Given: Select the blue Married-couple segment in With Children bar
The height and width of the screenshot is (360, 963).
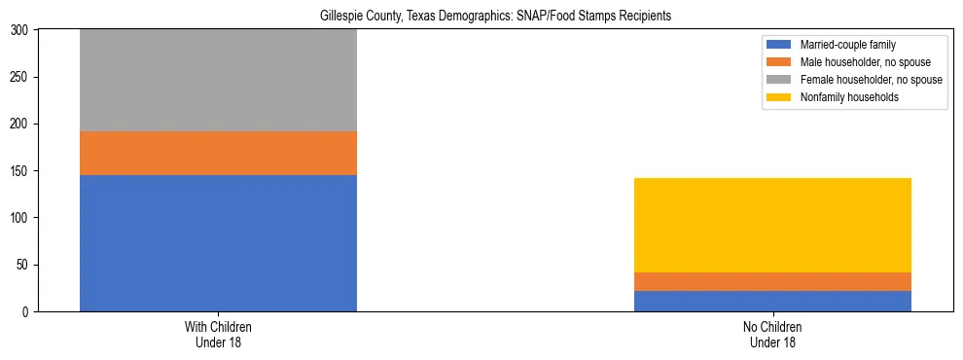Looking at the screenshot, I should [218, 243].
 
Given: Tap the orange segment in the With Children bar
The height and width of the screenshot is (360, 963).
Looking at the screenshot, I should [218, 153].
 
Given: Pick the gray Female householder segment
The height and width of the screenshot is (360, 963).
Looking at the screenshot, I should [218, 80].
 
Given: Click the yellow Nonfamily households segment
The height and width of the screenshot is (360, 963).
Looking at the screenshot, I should [772, 225].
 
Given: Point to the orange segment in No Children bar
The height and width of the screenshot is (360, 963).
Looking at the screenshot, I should [772, 281].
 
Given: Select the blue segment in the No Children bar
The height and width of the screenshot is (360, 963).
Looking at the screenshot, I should [772, 301].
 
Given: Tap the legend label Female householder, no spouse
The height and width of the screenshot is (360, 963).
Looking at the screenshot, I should [871, 80].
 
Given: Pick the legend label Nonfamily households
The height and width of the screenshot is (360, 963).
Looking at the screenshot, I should [843, 97].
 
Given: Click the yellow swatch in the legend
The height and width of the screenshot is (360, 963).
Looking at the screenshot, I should [780, 97].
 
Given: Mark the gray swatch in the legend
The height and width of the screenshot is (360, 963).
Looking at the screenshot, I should [780, 80].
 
